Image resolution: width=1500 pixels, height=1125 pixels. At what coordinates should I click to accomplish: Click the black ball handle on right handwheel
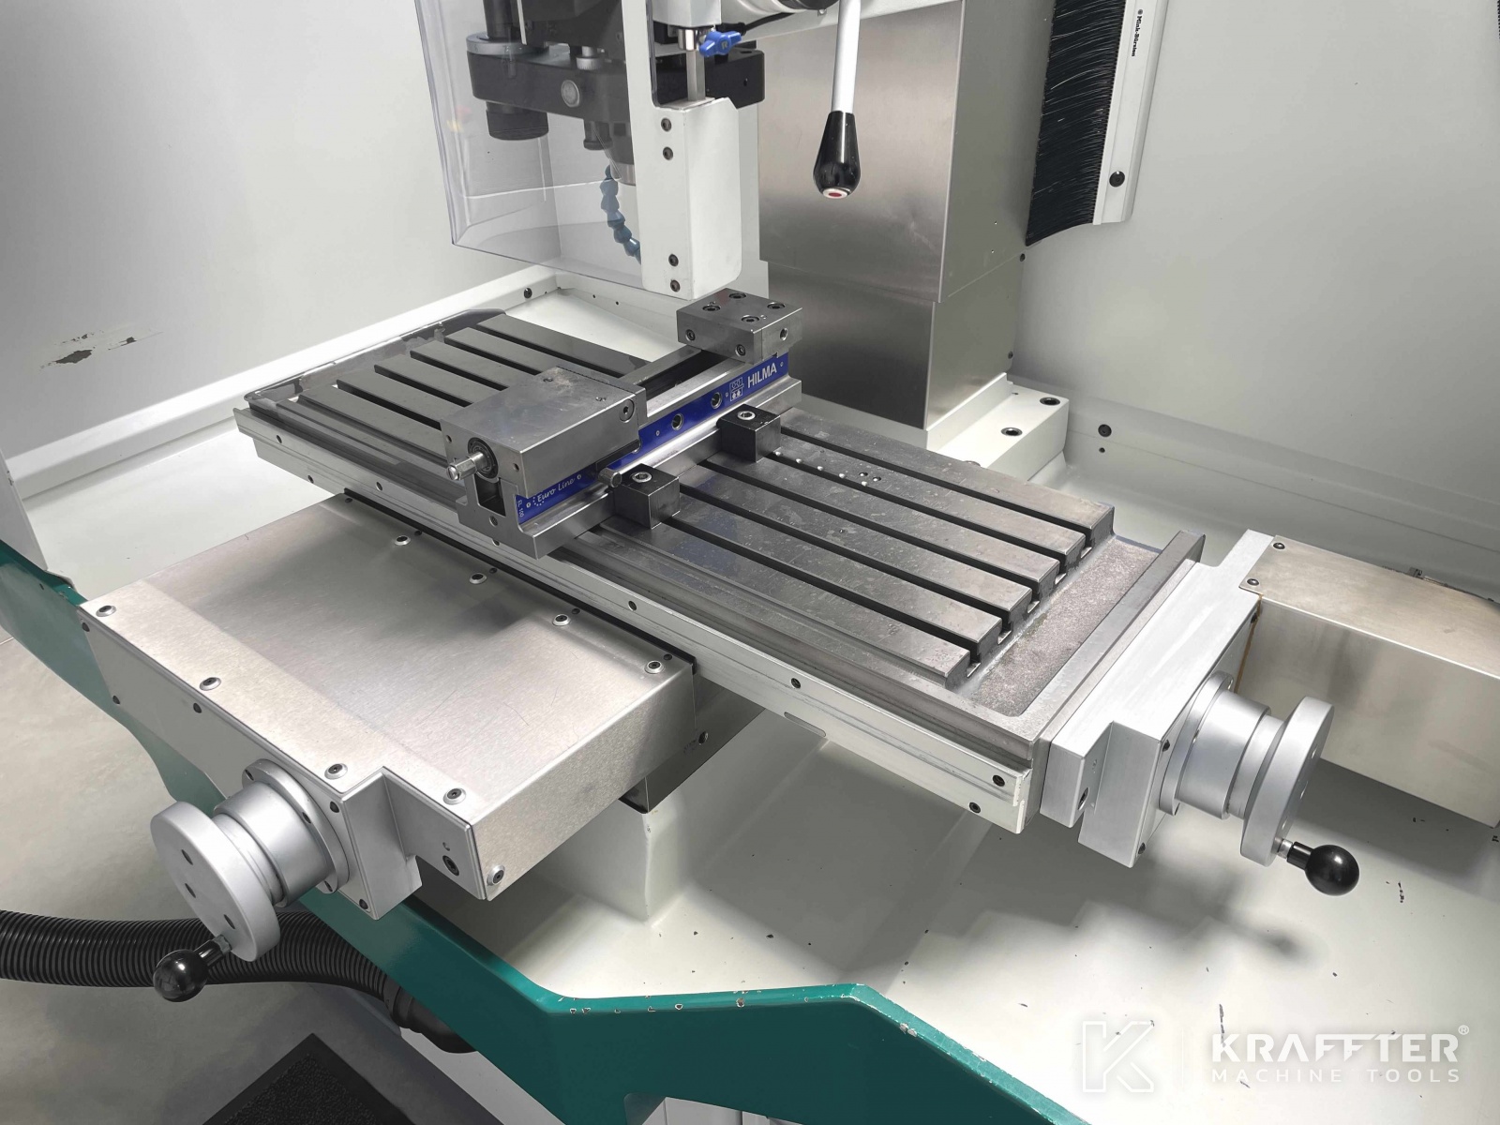[x=1330, y=867]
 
